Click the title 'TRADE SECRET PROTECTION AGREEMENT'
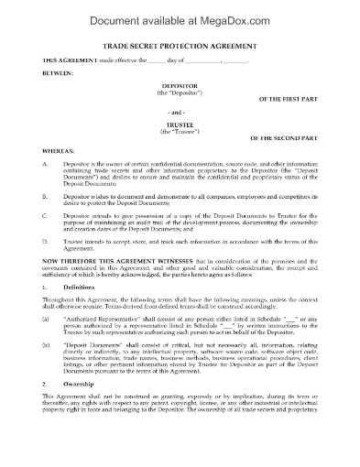click(x=180, y=46)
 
